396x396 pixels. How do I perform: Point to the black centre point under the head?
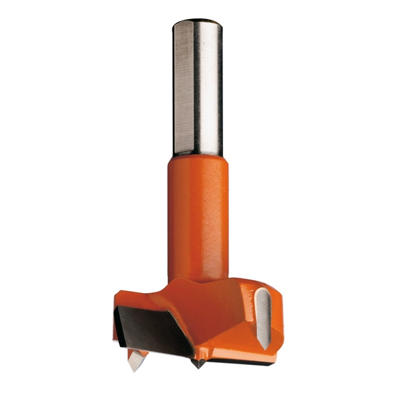(196, 362)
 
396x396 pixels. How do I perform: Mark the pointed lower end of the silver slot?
(263, 346)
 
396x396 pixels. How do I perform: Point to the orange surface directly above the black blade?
(142, 300)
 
